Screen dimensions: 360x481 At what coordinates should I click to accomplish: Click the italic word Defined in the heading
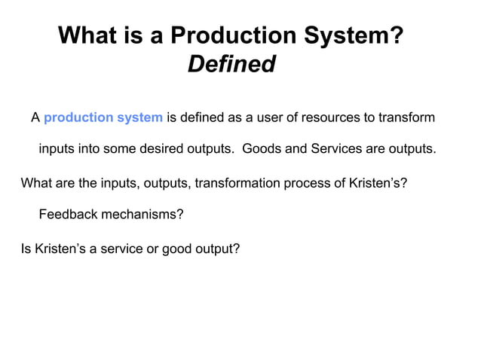pos(231,65)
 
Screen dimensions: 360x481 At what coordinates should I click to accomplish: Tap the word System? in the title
pos(350,35)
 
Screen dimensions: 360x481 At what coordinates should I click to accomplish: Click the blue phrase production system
pos(103,117)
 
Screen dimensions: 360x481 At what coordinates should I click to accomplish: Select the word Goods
pos(259,148)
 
